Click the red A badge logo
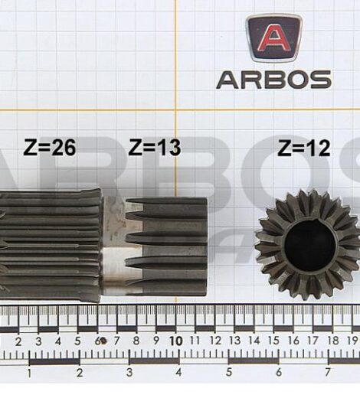(x=273, y=38)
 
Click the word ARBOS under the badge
(x=273, y=79)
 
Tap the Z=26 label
(x=50, y=148)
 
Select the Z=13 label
(x=154, y=147)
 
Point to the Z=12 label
(x=303, y=148)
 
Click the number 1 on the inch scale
(x=29, y=373)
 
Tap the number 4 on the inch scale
(x=178, y=373)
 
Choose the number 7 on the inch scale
(x=328, y=373)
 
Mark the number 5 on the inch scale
(x=228, y=373)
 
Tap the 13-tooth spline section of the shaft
(x=165, y=245)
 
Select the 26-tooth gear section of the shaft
(x=50, y=245)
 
